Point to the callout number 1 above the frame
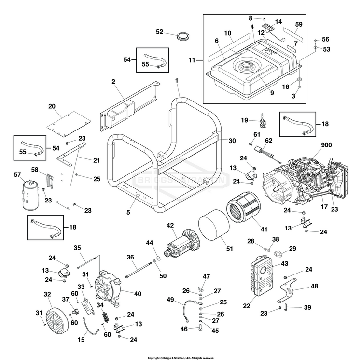pyautogui.click(x=177, y=79)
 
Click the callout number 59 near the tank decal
pyautogui.click(x=299, y=24)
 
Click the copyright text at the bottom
pyautogui.click(x=181, y=358)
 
